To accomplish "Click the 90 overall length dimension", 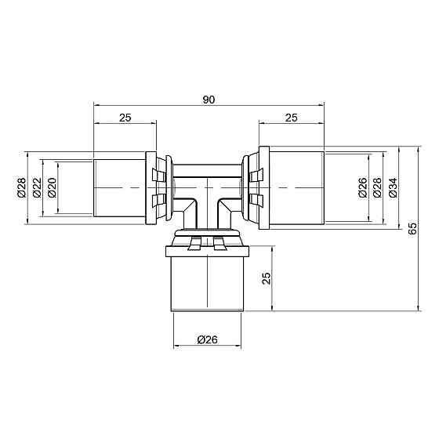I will tap(209, 99).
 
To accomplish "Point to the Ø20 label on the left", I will tap(52, 189).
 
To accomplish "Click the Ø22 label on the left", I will tap(37, 189).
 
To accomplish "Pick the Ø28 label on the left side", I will tap(21, 189).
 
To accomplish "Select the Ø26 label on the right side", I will tap(362, 189).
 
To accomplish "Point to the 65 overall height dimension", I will tap(413, 228).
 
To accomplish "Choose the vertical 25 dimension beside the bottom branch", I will tap(267, 279).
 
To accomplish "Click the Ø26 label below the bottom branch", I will tap(207, 339).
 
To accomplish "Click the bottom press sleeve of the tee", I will tap(207, 281).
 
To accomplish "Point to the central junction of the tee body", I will tap(207, 192).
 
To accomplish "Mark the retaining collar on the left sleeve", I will tap(158, 189).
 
